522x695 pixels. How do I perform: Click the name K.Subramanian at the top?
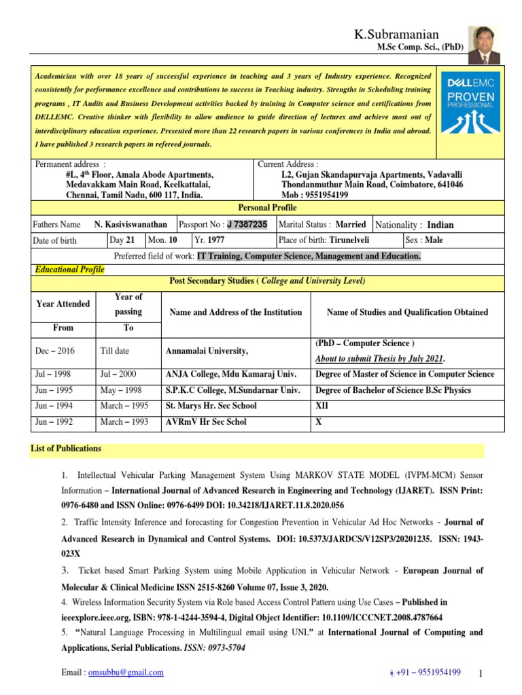click(x=397, y=35)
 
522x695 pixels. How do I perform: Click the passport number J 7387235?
click(x=247, y=224)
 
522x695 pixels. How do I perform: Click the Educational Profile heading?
click(x=69, y=269)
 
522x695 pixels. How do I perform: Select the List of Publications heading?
click(x=66, y=449)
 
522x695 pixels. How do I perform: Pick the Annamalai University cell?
click(x=207, y=351)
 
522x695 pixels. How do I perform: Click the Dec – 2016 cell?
click(x=55, y=351)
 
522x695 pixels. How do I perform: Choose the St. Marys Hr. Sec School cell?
click(x=211, y=405)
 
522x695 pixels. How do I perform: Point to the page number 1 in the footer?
click(x=479, y=674)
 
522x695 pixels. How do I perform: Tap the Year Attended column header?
click(x=63, y=303)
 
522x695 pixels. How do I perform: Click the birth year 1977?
click(x=216, y=240)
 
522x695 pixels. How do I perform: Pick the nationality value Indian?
click(x=440, y=225)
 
